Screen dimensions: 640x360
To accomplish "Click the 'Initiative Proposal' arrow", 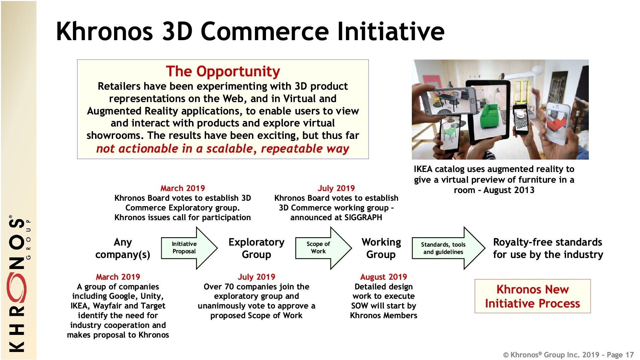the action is point(189,248).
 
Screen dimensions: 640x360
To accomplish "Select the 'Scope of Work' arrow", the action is point(324,248).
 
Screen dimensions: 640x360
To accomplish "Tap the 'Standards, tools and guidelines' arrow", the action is point(448,248).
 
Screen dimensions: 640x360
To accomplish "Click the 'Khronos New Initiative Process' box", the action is point(533,296).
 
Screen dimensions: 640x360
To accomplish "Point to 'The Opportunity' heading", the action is point(223,71).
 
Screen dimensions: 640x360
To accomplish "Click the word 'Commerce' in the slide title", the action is point(265,31).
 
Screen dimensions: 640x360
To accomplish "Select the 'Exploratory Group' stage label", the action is point(256,248).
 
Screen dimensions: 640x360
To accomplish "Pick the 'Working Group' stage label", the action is point(381,248).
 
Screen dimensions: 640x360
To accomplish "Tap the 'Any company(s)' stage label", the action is point(122,248).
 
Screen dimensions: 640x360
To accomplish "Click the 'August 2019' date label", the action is point(383,277).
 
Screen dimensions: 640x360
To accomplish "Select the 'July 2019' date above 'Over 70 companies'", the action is point(256,277).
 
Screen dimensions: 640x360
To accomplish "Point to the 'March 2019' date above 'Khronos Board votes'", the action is point(183,188).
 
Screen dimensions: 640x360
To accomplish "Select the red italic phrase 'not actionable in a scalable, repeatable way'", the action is point(222,149).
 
